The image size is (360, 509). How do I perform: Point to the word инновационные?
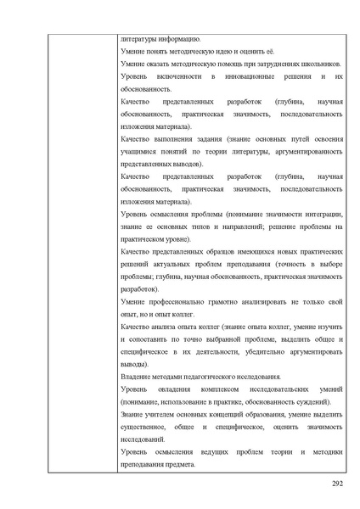click(256, 76)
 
